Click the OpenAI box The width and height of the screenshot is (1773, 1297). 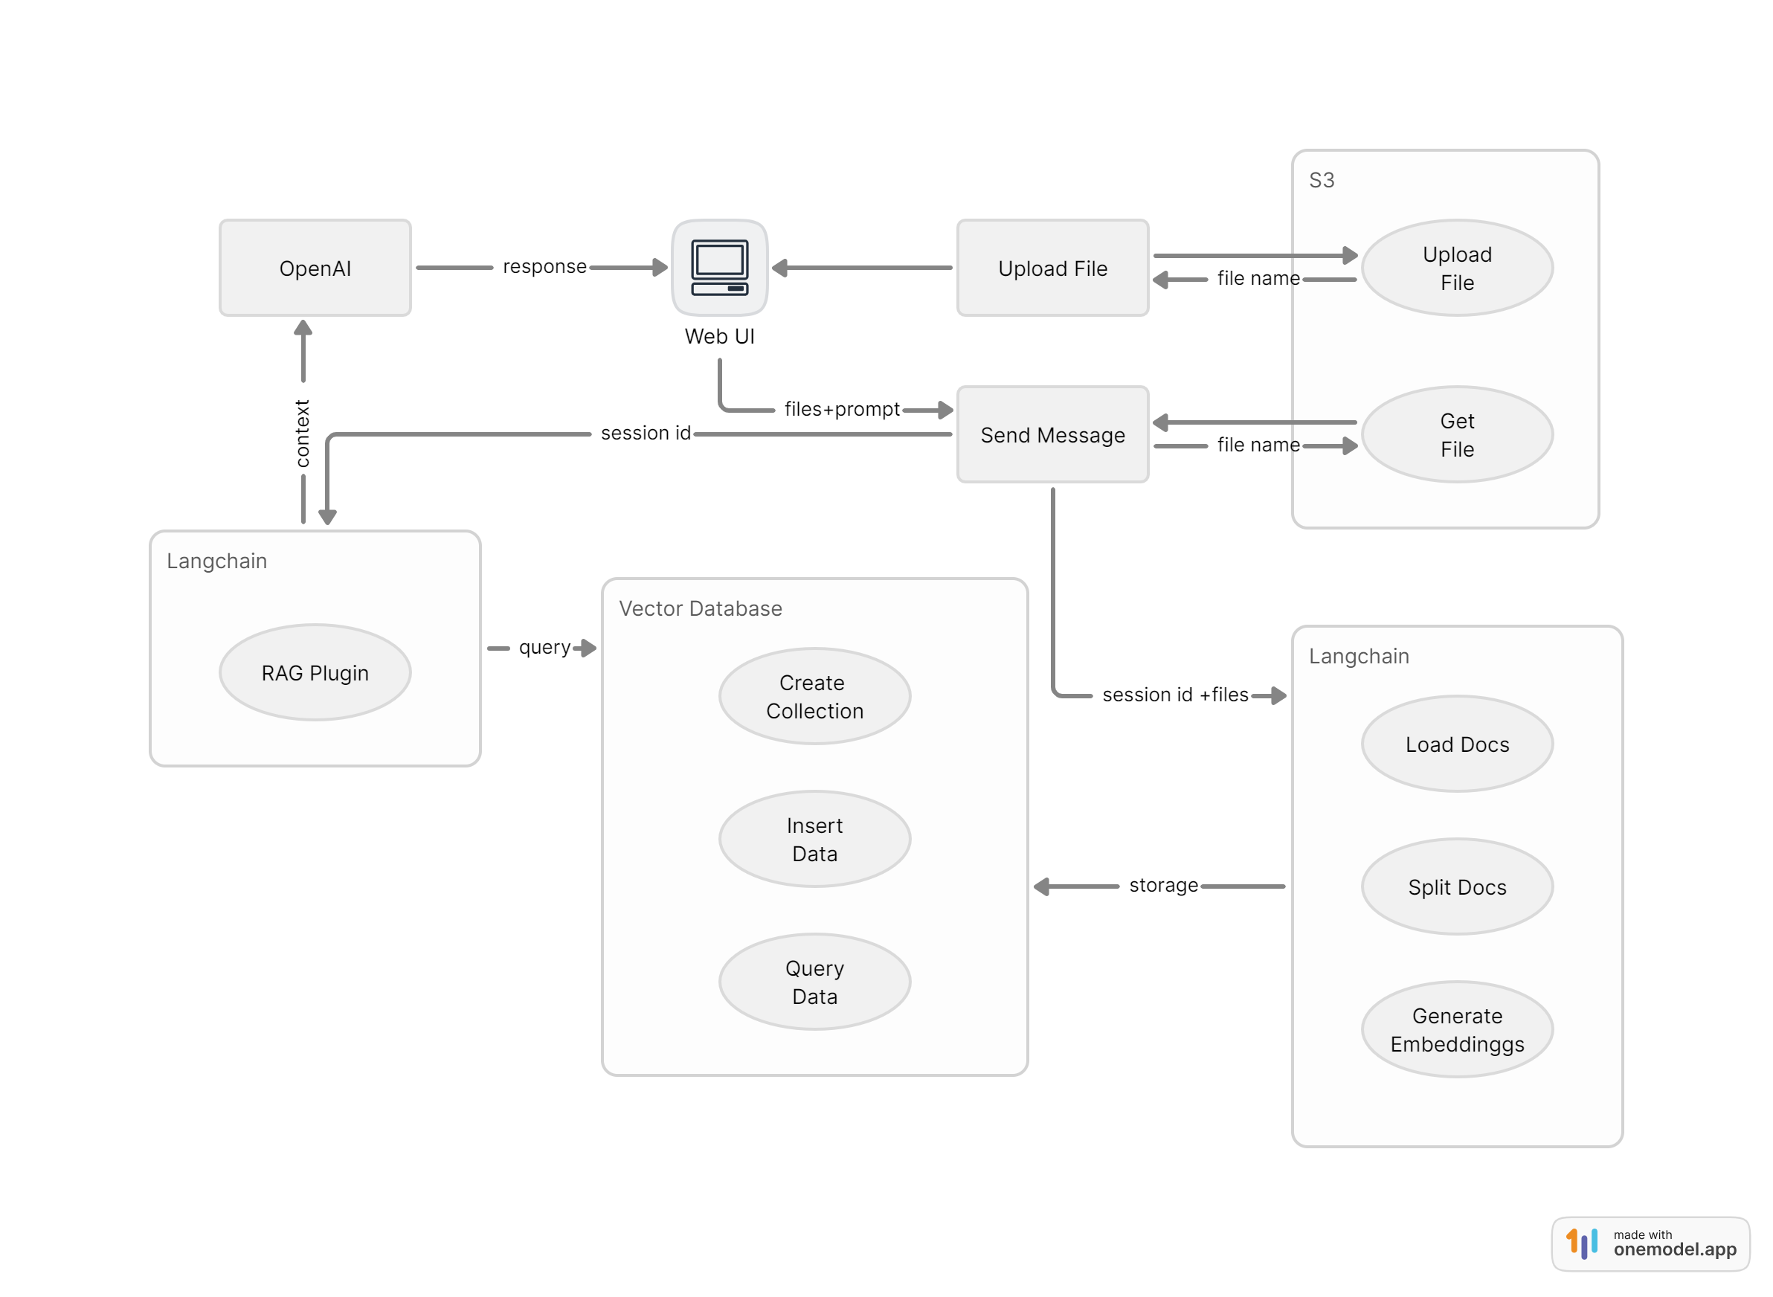[x=315, y=268]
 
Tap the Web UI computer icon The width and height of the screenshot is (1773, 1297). [x=719, y=268]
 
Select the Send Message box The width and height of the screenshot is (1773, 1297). [x=1052, y=434]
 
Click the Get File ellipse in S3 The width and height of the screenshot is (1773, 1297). [x=1457, y=434]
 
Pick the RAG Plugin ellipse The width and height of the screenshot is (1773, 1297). [x=315, y=672]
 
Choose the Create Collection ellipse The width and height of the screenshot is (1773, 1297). [x=814, y=696]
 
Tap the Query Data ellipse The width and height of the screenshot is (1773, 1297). [x=814, y=982]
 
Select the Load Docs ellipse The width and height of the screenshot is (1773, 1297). [x=1457, y=744]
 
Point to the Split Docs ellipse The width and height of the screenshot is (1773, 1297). [x=1457, y=886]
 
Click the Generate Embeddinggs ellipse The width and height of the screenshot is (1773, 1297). [x=1457, y=1029]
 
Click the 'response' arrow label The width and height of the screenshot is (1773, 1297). [x=544, y=267]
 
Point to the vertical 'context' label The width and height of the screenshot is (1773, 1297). [x=302, y=434]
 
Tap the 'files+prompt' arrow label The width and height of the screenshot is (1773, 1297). [x=842, y=409]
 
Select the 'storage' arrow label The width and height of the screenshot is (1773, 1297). [x=1163, y=886]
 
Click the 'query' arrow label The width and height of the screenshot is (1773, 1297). [x=544, y=648]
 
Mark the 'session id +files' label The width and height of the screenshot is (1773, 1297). [x=1174, y=695]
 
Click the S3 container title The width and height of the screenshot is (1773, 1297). [x=1322, y=181]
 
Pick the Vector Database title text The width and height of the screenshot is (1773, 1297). [x=701, y=608]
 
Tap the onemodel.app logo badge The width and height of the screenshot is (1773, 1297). [x=1650, y=1243]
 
